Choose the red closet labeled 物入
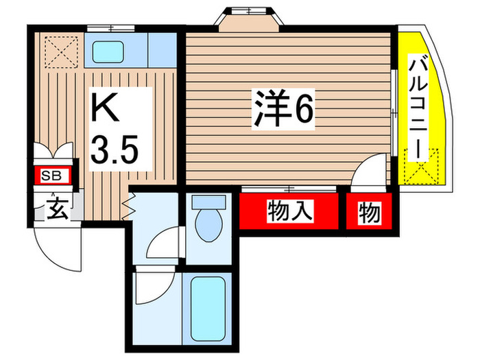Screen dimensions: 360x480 tap(289, 213)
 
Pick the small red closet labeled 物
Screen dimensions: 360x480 tap(369, 214)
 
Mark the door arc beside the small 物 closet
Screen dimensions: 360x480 tap(370, 169)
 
